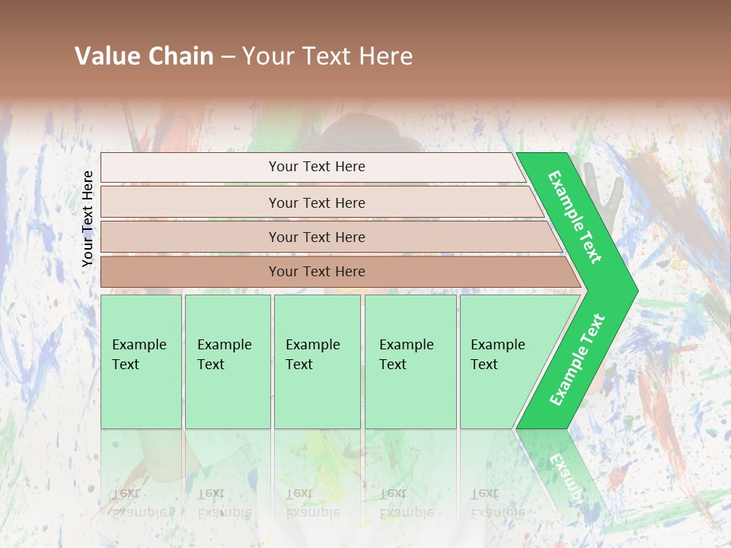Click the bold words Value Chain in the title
tap(144, 56)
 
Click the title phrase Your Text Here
tap(327, 56)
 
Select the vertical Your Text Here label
tap(88, 218)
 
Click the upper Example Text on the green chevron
tap(575, 216)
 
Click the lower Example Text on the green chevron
tap(576, 359)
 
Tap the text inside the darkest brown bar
tap(317, 272)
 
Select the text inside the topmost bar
tap(317, 167)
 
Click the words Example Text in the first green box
tap(139, 354)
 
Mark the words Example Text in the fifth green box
tap(497, 354)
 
